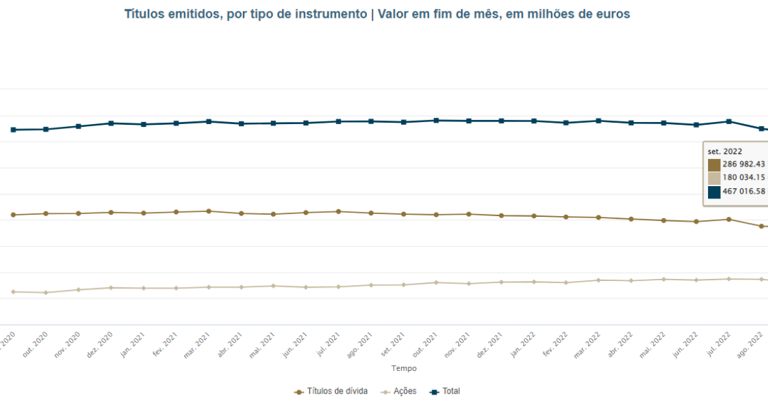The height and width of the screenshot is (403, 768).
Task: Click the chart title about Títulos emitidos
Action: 377,14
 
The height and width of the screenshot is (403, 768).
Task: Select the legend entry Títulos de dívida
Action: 332,391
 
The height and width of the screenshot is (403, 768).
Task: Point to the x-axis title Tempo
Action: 404,368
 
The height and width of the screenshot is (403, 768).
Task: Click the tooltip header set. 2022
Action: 725,151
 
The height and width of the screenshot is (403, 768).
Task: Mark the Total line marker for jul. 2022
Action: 729,121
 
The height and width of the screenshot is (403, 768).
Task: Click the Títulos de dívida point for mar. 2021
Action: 208,211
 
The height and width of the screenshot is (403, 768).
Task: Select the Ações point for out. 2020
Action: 46,293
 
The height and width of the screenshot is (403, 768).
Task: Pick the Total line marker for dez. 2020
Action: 111,123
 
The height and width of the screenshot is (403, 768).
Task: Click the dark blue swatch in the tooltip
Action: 714,192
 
